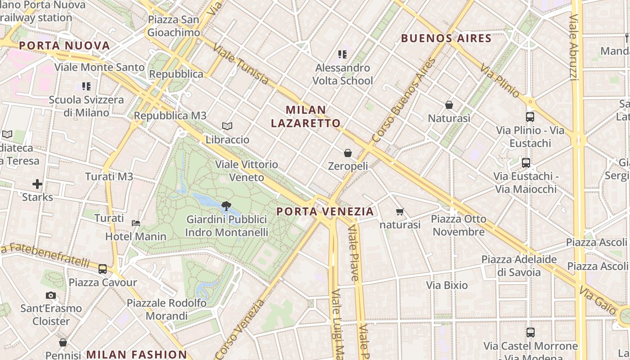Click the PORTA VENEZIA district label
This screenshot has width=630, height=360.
(325, 211)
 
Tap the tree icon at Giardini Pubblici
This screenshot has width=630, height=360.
(226, 207)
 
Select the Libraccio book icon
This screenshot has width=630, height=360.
(227, 126)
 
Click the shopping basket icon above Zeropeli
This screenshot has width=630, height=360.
(347, 153)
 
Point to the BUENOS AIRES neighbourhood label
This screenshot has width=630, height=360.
(446, 38)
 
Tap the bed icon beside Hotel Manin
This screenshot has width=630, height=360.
(136, 223)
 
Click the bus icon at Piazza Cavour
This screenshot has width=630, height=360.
(103, 269)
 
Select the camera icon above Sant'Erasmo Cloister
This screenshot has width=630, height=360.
(51, 296)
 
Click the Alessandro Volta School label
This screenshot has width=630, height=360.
(343, 74)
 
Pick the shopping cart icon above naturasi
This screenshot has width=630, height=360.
(400, 211)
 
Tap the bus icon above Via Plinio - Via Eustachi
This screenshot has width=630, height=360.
(530, 117)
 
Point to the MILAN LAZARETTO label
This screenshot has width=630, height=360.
(306, 117)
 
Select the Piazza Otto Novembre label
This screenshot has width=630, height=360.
(459, 225)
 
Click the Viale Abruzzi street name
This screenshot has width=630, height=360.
(573, 47)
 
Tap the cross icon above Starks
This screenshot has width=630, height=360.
(37, 184)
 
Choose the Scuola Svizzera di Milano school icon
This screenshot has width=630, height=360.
(86, 86)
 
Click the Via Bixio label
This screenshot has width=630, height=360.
(447, 285)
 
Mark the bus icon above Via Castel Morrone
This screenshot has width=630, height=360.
(531, 333)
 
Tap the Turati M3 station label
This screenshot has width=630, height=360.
(109, 177)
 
